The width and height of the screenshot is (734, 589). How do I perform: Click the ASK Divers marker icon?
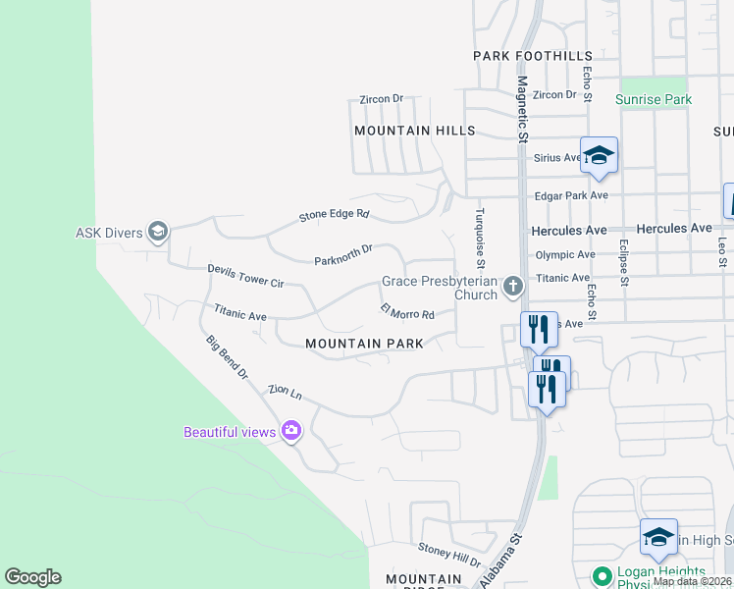tap(158, 233)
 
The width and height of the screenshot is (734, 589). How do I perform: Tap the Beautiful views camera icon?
tap(291, 431)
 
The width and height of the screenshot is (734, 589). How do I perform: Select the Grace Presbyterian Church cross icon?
tap(511, 287)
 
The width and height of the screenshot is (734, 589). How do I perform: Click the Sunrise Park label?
tap(654, 99)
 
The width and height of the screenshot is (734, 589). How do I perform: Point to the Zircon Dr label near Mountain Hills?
tap(382, 99)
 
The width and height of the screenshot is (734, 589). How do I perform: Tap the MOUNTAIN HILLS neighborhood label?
tap(414, 131)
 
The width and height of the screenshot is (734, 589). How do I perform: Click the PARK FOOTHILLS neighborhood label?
tap(533, 56)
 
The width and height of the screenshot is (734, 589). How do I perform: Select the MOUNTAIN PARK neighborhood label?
tap(364, 344)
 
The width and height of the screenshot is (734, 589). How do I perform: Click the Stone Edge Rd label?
tap(335, 214)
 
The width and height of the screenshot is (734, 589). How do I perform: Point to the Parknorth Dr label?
tap(343, 255)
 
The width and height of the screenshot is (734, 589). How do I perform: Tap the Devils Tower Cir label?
tap(245, 276)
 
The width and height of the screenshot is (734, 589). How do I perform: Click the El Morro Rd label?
tap(407, 312)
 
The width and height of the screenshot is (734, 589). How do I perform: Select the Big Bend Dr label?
tap(228, 358)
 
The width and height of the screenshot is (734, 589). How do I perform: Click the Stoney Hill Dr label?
tap(449, 555)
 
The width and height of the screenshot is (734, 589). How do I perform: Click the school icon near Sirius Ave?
tap(599, 155)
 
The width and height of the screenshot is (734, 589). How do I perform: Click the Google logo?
tap(32, 577)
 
